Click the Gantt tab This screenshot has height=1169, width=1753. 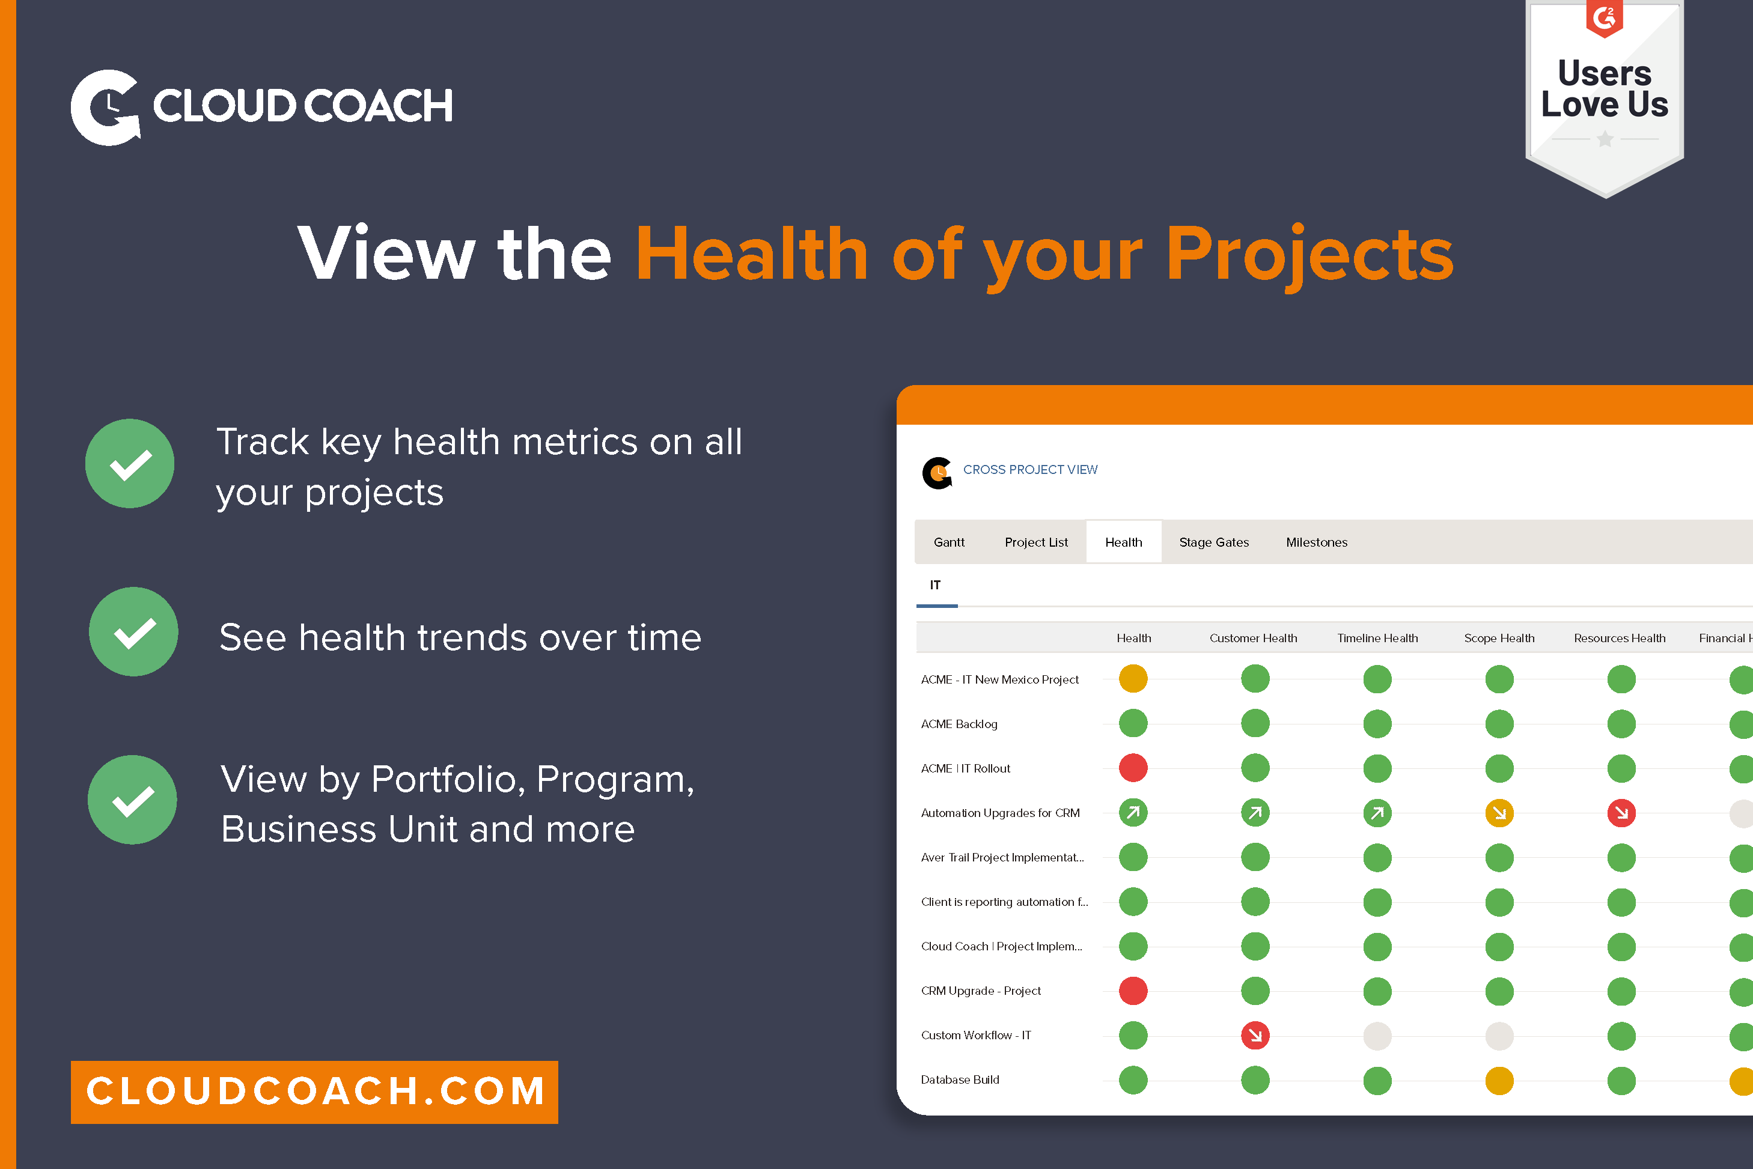point(948,542)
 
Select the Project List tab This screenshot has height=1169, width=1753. point(1035,542)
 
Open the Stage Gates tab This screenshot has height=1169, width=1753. point(1213,542)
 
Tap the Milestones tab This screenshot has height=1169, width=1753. point(1316,542)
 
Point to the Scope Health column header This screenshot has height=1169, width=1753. point(1499,638)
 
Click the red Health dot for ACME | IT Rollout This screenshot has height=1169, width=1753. point(1133,768)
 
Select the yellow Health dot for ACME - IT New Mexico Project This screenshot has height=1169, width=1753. point(1133,678)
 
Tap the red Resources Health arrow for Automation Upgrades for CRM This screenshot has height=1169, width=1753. point(1621,813)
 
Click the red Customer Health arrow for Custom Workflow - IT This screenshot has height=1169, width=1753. point(1255,1035)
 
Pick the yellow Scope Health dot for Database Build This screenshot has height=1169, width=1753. point(1499,1080)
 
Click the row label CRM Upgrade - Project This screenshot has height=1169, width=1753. point(981,991)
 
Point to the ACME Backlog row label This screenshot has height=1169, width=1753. point(959,724)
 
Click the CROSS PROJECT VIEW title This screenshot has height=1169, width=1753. point(1029,470)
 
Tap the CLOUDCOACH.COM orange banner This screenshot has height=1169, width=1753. point(314,1092)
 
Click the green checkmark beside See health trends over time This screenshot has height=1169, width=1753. point(133,632)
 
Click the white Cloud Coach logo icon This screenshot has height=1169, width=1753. point(105,108)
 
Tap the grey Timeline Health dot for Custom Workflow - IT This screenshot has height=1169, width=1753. point(1377,1036)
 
